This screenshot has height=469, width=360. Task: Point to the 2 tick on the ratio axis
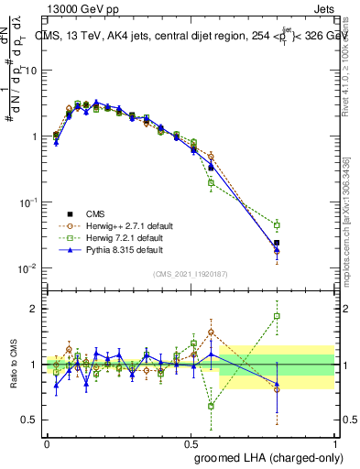tap(32, 309)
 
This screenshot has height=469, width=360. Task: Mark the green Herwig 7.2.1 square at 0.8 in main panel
tap(277, 224)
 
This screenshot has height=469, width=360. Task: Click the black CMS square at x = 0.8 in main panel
tap(277, 243)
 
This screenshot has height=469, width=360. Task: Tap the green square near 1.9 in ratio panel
tap(277, 316)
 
